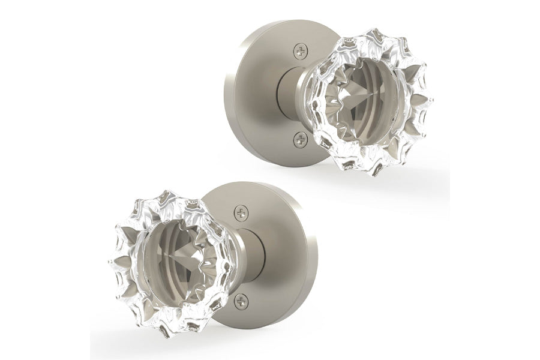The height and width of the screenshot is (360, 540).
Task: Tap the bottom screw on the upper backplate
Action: click(x=301, y=139)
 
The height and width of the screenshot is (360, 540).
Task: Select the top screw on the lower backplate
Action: click(x=241, y=212)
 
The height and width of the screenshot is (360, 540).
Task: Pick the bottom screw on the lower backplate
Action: click(x=241, y=300)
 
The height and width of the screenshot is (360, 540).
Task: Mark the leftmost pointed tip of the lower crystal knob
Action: click(x=110, y=259)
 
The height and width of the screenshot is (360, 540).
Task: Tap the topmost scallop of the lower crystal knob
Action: click(x=171, y=194)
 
